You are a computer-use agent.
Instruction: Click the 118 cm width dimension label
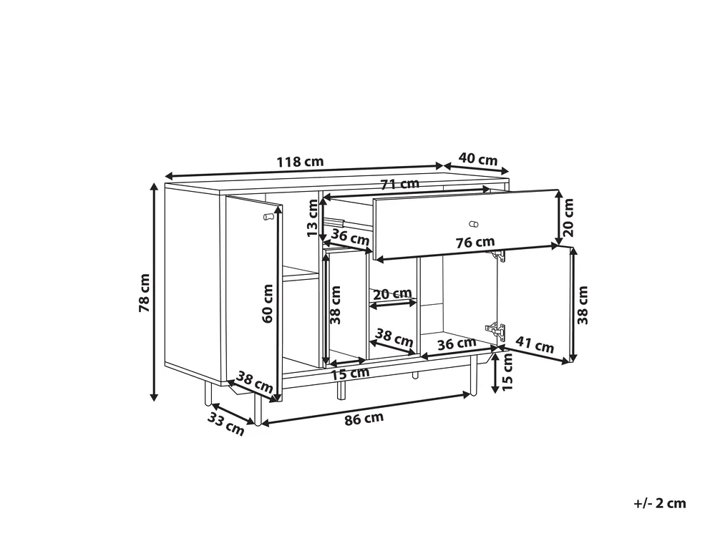[x=300, y=162]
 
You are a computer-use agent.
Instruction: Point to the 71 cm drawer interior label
[x=400, y=184]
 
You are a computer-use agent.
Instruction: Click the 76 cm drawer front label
[x=475, y=243]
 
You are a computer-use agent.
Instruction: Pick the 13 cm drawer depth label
[x=312, y=218]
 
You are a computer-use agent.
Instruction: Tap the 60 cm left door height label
[x=268, y=303]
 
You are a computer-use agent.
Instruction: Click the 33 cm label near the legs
[x=226, y=424]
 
